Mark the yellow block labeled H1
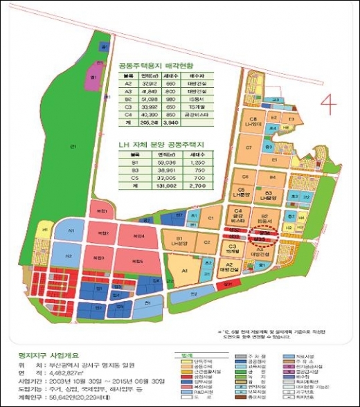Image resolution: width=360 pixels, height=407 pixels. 45,229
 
